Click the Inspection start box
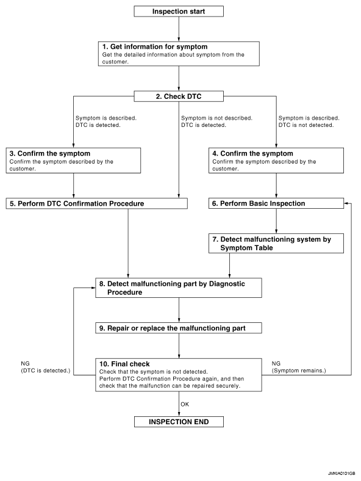179,12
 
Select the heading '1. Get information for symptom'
155,46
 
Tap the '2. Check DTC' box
179,96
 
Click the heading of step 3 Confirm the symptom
49,153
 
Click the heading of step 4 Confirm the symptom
252,153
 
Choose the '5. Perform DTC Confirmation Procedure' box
96,204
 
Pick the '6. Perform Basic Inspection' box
276,203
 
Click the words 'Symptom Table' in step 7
246,248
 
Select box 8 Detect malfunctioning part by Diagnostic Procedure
178,288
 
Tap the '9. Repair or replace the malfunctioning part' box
178,328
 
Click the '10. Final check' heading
124,364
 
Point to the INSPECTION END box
179,422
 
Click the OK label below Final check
185,404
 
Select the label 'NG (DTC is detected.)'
45,367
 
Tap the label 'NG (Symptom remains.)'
299,367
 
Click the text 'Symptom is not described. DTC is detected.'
216,121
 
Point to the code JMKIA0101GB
341,474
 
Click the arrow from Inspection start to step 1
179,29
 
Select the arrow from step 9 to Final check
179,346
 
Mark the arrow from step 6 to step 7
276,221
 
